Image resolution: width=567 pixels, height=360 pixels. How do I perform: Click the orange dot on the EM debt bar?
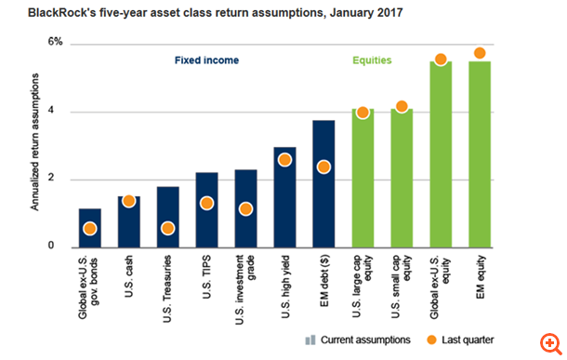click(323, 167)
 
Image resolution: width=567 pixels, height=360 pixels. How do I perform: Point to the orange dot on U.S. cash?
click(129, 201)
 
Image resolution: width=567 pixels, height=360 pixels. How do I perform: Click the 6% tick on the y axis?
click(56, 44)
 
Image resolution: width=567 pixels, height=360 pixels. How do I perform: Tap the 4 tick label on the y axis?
click(59, 113)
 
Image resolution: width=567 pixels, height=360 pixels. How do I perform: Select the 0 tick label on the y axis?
click(59, 247)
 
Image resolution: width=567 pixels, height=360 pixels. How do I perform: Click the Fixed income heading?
click(207, 60)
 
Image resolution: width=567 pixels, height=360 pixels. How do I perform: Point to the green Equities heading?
click(371, 60)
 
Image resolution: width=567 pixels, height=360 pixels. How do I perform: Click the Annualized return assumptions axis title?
click(34, 143)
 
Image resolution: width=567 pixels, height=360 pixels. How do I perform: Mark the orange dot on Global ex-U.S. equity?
click(441, 60)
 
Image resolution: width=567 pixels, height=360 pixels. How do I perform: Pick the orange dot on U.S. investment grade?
click(245, 209)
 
